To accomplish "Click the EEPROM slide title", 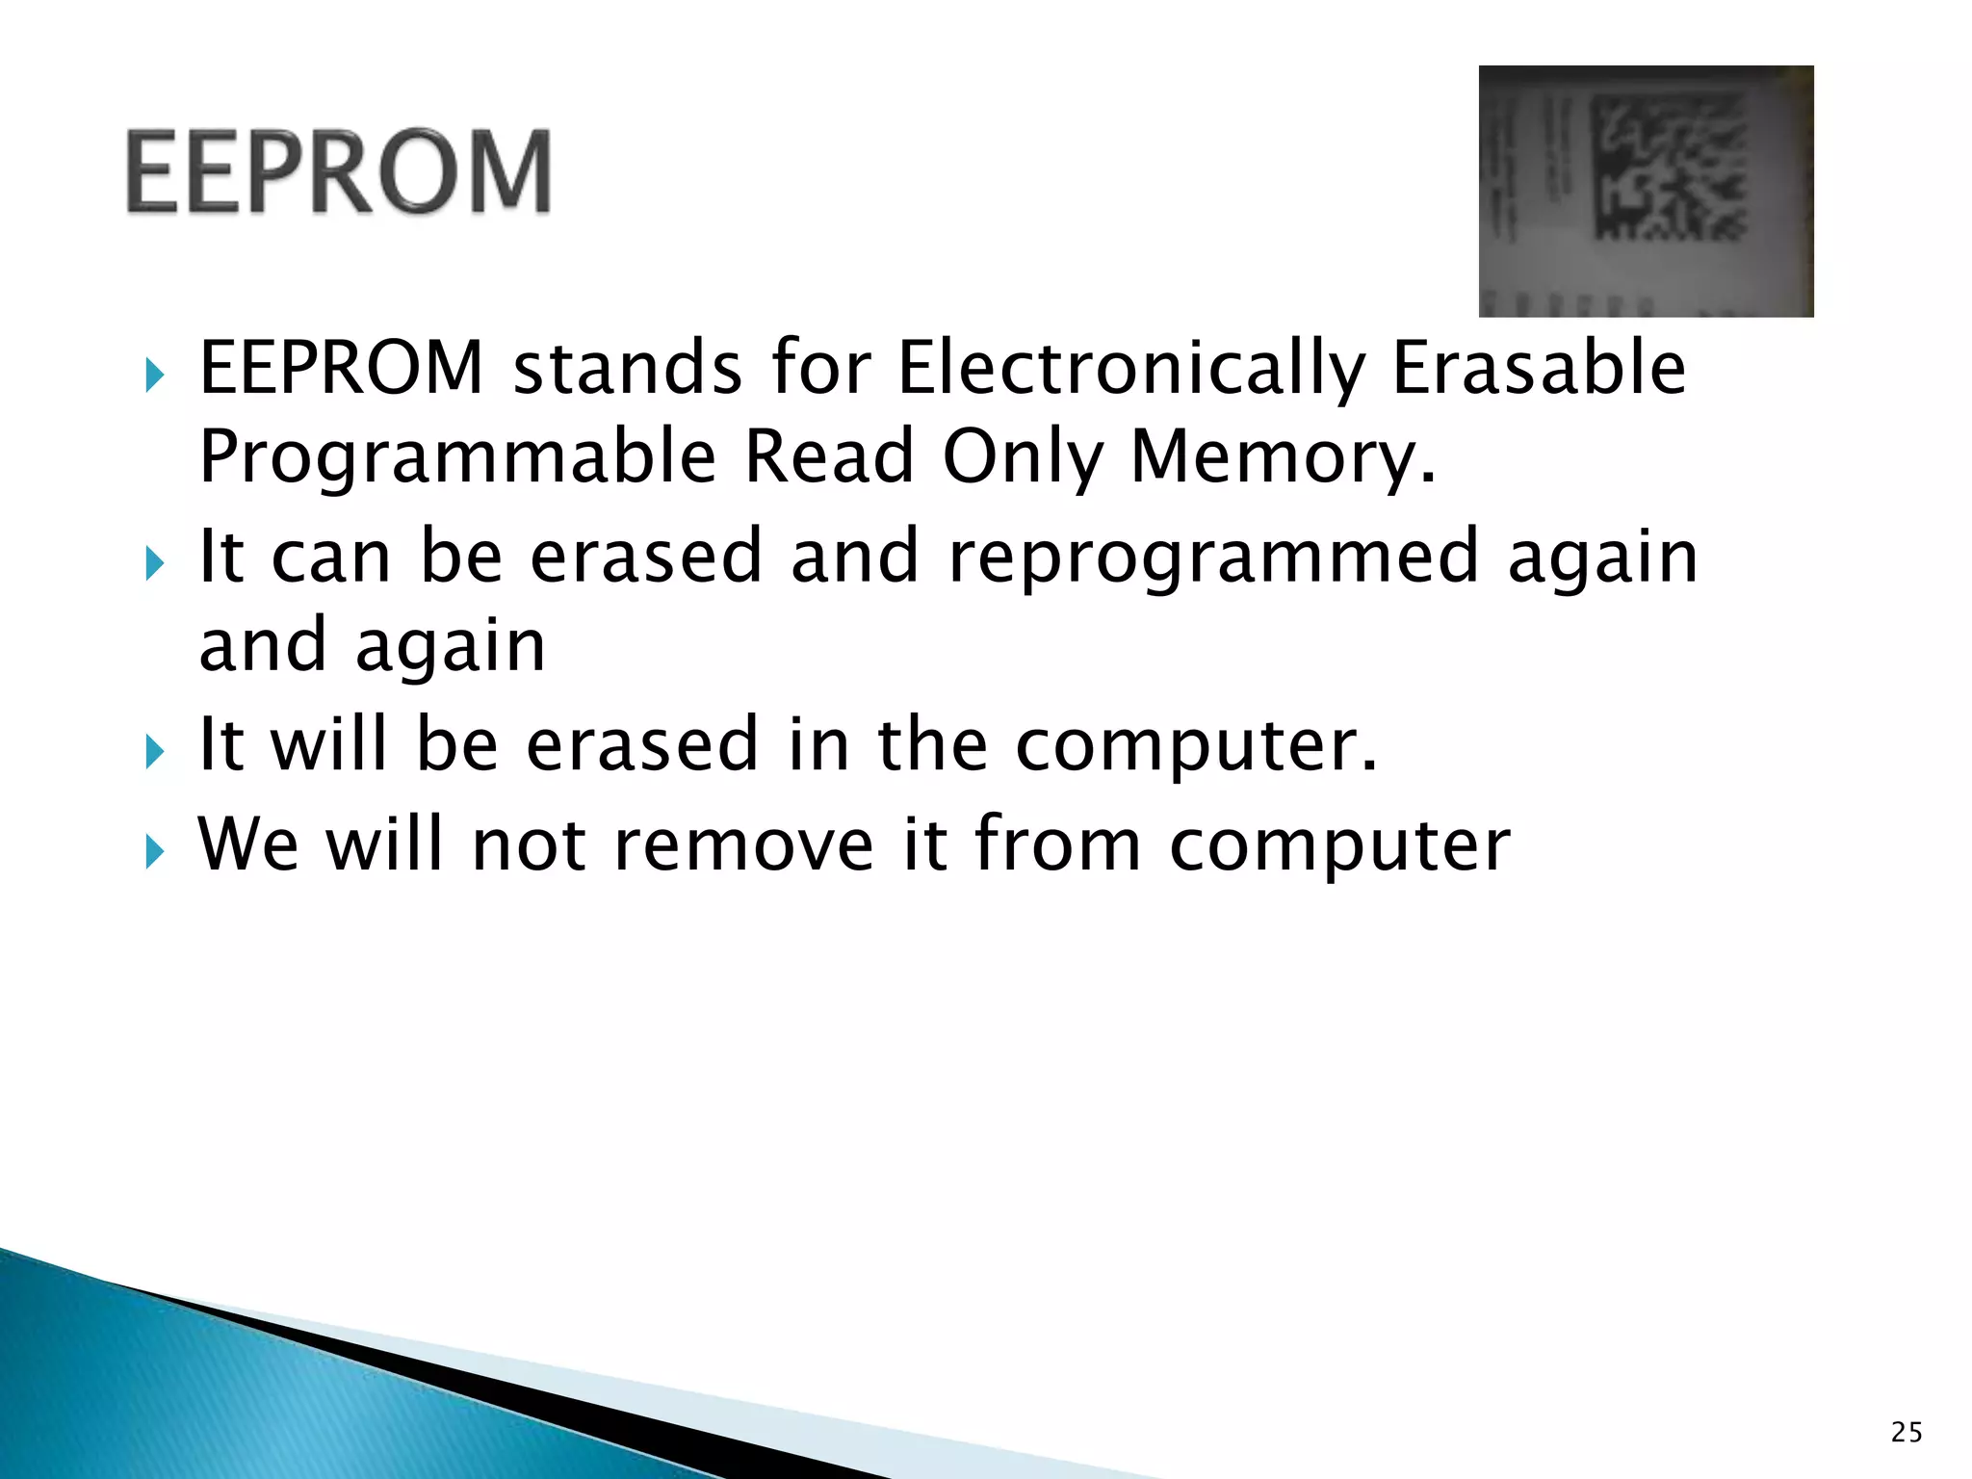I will tap(339, 171).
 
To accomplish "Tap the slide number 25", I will tap(1906, 1433).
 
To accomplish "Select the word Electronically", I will tap(1131, 369).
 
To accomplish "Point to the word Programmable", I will tap(457, 457).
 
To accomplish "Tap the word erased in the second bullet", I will tap(646, 557).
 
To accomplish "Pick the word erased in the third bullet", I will tap(642, 745).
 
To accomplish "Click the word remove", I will tap(743, 844).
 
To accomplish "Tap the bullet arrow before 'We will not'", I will tap(154, 851).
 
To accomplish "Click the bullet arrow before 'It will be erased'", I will tap(154, 751).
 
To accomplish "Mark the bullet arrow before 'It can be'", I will tap(154, 563).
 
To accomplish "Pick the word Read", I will tap(829, 455).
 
